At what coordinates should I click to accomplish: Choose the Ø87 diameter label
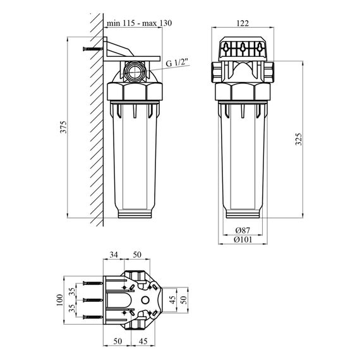(x=243, y=231)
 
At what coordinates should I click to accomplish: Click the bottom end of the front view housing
(x=243, y=213)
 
